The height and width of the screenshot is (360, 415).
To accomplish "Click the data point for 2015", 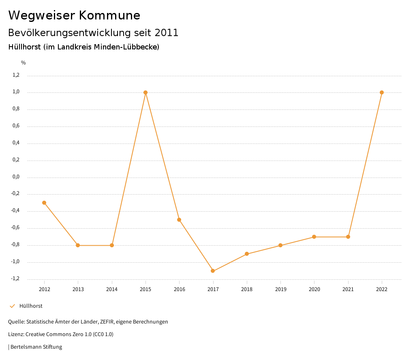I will [145, 92].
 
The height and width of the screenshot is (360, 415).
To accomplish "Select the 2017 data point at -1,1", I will [213, 271].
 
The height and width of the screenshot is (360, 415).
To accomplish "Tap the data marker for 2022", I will [382, 92].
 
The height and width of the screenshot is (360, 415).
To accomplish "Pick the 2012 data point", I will [44, 203].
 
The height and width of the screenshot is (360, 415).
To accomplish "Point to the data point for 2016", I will [179, 220].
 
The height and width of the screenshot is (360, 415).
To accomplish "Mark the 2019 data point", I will [280, 245].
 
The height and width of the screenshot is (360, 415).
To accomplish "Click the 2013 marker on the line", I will [78, 245].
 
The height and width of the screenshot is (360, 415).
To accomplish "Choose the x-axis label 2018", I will [247, 289].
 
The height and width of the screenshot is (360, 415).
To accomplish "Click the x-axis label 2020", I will [314, 289].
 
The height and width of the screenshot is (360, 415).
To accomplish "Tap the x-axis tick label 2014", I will [112, 289].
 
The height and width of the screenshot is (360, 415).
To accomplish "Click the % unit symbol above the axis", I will [24, 63].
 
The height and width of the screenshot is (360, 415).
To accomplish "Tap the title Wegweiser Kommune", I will [74, 15].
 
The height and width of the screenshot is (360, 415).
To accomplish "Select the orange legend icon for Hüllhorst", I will [12, 306].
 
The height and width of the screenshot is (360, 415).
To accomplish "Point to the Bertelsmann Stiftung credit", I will [36, 347].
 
